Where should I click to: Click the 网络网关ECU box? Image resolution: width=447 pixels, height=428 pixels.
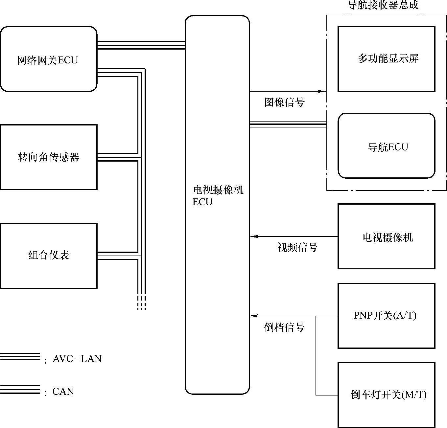point(48,59)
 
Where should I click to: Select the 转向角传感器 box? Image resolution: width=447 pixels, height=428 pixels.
point(48,157)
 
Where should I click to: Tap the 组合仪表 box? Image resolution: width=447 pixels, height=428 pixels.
point(48,256)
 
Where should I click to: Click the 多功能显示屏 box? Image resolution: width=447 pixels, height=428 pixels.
point(386,59)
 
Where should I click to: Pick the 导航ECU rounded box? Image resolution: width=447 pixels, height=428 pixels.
point(386,146)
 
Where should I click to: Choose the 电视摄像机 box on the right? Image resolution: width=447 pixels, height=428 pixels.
point(386,237)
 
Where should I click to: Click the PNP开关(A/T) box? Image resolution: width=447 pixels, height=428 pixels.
point(386,316)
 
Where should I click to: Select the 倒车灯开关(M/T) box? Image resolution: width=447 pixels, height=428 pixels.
point(386,394)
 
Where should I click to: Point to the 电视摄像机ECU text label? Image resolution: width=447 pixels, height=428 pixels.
point(217,196)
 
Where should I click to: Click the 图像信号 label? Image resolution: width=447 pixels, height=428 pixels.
point(285,102)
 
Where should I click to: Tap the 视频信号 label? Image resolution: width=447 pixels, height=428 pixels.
point(297,247)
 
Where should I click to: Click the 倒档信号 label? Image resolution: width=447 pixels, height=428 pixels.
point(284,327)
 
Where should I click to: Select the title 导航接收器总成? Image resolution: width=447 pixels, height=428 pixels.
point(383,5)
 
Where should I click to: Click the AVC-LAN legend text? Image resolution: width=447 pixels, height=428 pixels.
point(77,359)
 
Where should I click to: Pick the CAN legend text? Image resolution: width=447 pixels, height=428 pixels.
point(63,392)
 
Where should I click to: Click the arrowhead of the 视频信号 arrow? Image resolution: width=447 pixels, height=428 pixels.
point(253,237)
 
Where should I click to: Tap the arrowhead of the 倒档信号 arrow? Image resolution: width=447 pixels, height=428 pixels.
point(253,316)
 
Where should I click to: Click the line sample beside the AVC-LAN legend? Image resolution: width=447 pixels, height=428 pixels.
point(20,357)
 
